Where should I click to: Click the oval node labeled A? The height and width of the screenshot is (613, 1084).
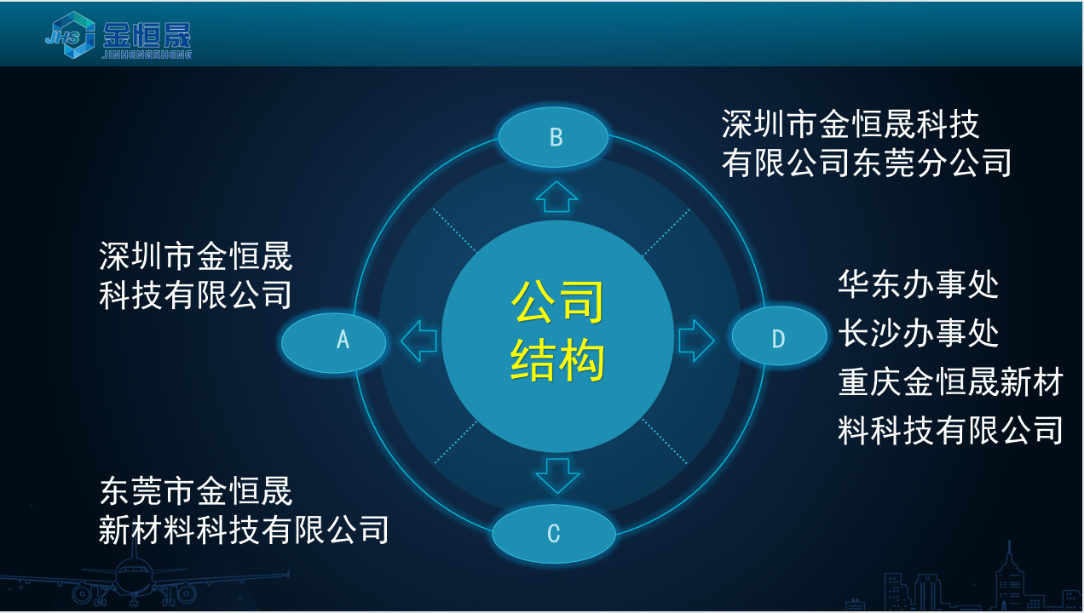coord(334,342)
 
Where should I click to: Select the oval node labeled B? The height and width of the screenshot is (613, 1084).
coord(554,137)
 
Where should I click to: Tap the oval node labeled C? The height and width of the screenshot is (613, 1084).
coord(554,534)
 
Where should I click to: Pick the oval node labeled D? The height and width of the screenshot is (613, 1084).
coord(779,335)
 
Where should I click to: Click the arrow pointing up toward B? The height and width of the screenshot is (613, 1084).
coord(556,197)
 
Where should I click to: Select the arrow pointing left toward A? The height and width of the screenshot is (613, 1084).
coord(418,341)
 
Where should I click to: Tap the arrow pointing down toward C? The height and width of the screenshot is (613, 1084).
coord(557,476)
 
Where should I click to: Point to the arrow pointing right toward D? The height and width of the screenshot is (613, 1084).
coord(696,341)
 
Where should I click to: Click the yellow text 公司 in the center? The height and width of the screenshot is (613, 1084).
coord(557,302)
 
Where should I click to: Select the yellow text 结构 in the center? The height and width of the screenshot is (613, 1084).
coord(557,359)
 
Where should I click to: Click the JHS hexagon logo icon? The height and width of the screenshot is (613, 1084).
coord(71,35)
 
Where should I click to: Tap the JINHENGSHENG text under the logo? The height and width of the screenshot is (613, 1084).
coord(147,54)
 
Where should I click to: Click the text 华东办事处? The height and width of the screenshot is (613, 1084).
coord(918,284)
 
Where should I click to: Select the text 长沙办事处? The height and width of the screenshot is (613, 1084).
coord(918,333)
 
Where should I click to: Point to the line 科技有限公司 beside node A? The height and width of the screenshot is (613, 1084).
coord(195,295)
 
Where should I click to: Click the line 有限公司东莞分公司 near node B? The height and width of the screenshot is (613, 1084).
coord(866,163)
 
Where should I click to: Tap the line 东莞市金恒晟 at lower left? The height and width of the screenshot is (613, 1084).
coord(195,491)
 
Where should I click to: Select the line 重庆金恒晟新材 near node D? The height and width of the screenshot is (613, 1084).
coord(950,382)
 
